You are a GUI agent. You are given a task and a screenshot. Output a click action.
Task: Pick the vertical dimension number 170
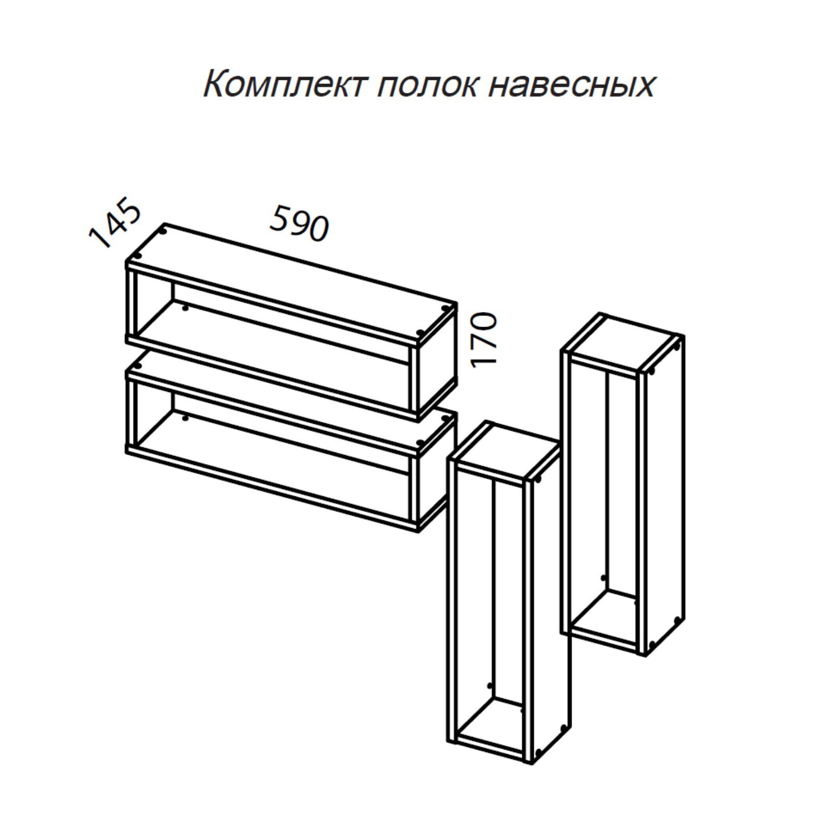[x=483, y=340]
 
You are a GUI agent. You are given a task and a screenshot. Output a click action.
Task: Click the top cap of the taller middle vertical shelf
[x=506, y=452]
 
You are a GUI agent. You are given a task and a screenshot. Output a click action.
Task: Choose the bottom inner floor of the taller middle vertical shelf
[x=491, y=720]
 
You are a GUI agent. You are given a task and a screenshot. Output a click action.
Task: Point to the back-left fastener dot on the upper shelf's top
[x=164, y=230]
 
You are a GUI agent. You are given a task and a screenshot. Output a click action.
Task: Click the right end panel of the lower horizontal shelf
[x=436, y=472]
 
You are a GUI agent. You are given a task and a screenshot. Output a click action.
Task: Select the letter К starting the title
[x=214, y=85]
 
